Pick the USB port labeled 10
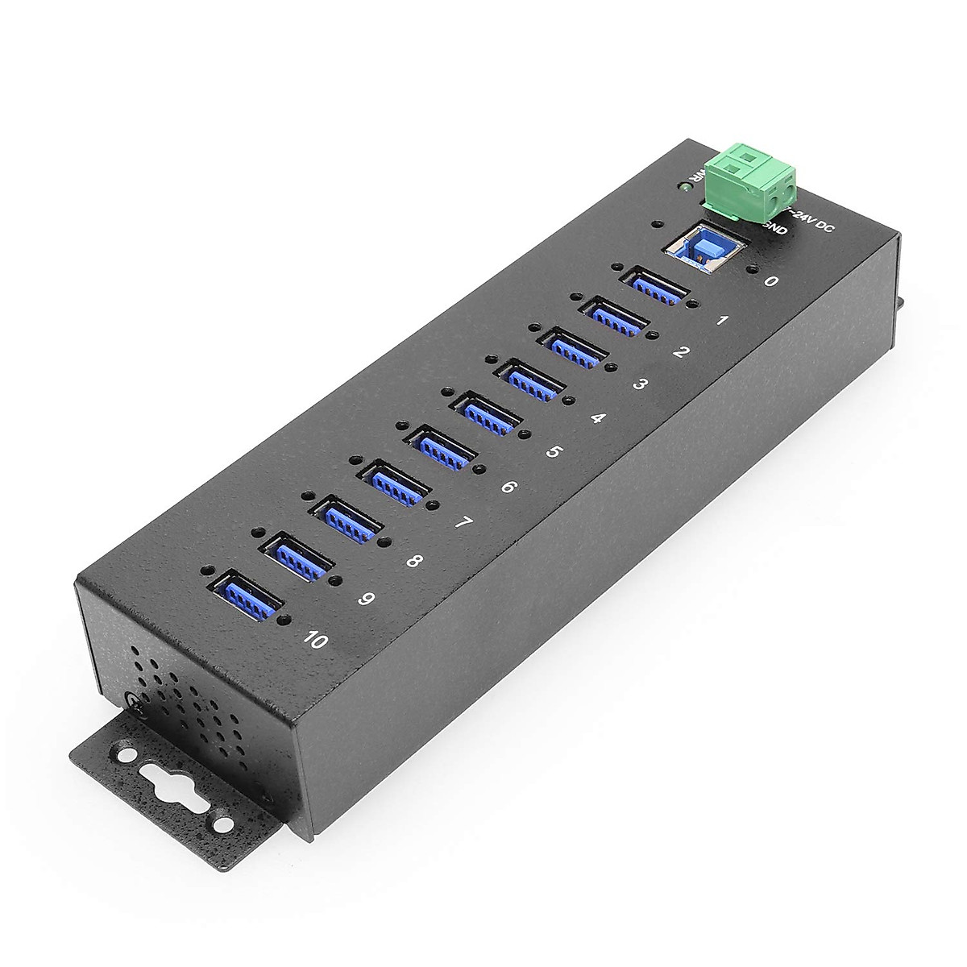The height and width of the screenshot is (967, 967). click(x=247, y=597)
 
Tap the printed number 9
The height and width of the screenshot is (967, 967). click(x=367, y=599)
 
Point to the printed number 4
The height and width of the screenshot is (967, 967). click(x=597, y=418)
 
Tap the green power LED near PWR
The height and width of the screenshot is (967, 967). click(x=683, y=187)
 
